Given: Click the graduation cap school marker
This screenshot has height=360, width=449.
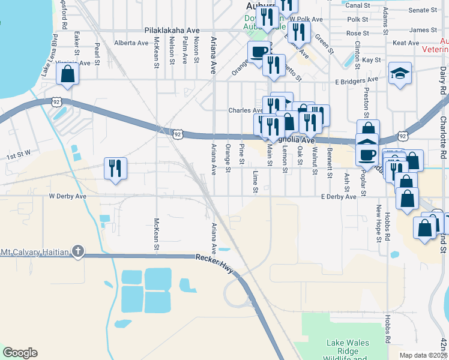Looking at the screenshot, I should (400, 74).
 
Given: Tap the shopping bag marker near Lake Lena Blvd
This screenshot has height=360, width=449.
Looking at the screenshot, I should (68, 75).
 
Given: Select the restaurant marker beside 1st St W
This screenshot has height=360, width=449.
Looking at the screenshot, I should (115, 167).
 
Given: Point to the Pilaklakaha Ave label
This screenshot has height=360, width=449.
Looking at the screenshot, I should (172, 30).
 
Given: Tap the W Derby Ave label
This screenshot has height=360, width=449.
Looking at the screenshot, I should (68, 196).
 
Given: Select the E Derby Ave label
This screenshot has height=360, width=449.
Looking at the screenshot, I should (339, 197).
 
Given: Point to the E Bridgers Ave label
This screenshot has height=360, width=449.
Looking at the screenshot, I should (357, 79).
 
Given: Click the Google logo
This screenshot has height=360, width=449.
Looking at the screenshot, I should (20, 353).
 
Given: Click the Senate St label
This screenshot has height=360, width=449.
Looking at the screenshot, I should (439, 10).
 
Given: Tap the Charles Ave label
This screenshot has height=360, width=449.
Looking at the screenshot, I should (246, 110).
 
